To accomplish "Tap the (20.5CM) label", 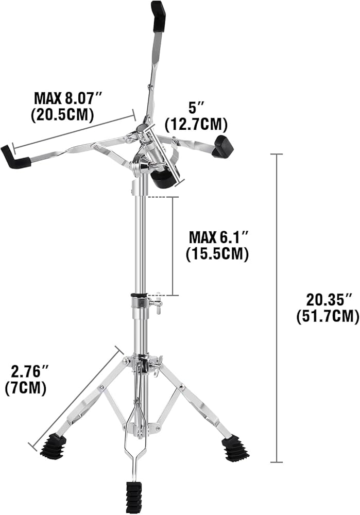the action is click(x=63, y=115).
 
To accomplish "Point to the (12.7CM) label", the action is click(x=196, y=124).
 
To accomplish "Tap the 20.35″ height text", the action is click(x=329, y=300).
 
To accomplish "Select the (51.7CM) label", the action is click(x=328, y=317).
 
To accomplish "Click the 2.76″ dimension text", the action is click(x=30, y=372).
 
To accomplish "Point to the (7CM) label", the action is click(x=26, y=388).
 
